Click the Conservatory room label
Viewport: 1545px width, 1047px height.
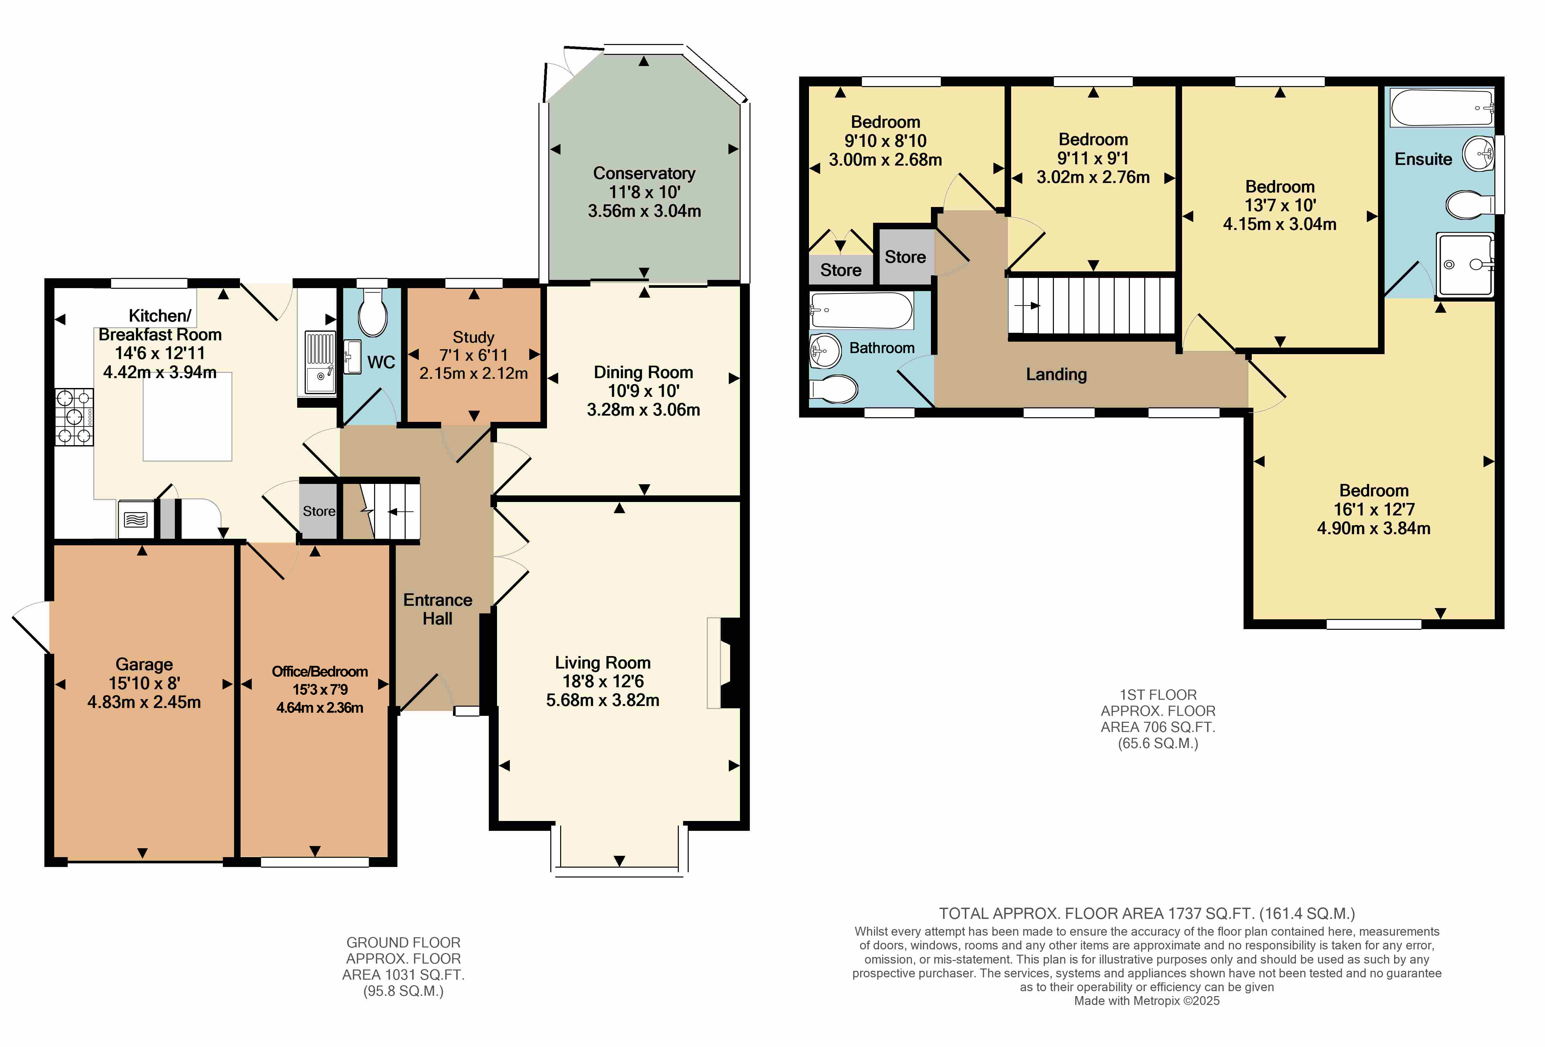point(644,173)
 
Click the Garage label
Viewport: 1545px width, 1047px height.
point(144,664)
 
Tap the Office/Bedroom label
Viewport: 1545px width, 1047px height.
point(320,671)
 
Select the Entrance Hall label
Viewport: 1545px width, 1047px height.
point(438,609)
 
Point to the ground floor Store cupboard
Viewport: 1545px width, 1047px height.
point(319,511)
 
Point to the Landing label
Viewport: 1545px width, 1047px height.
point(1057,375)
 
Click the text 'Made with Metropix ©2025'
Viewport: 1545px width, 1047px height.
point(1147,1000)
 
